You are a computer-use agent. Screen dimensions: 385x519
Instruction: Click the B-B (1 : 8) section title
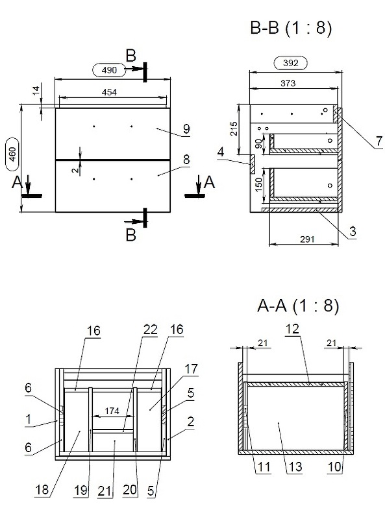pyautogui.click(x=291, y=27)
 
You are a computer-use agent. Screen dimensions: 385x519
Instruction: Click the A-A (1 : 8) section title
pyautogui.click(x=298, y=306)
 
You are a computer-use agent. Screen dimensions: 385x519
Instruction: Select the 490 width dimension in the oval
pyautogui.click(x=109, y=70)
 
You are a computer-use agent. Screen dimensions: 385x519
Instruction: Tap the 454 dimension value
pyautogui.click(x=109, y=92)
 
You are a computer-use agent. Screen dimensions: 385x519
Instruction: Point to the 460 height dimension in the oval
pyautogui.click(x=12, y=154)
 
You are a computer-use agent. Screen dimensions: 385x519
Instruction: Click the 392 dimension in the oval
pyautogui.click(x=291, y=63)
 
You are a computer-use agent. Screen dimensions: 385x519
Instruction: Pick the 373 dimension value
pyautogui.click(x=288, y=83)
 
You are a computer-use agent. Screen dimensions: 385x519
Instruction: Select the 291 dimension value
pyautogui.click(x=307, y=239)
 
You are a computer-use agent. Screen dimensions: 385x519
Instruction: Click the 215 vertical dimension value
pyautogui.click(x=234, y=128)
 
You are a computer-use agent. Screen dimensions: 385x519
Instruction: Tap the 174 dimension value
pyautogui.click(x=112, y=411)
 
